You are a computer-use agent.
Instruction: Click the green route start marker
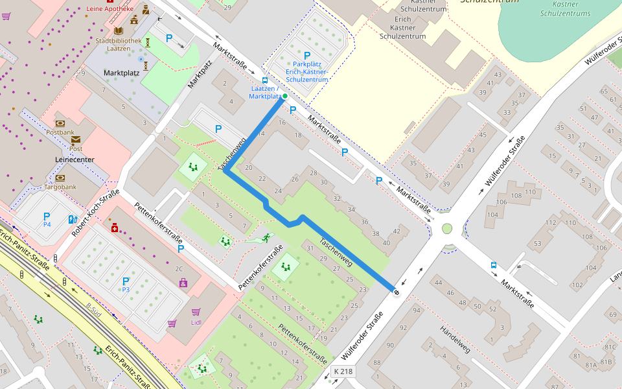coord(284,96)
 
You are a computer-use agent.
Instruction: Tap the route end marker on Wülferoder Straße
coord(396,292)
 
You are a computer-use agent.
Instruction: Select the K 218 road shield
coord(343,371)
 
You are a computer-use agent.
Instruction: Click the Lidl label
coord(196,322)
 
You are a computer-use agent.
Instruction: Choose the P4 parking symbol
coord(47,218)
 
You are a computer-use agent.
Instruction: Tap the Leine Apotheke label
coord(109,9)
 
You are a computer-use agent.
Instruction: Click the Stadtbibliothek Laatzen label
coord(118,44)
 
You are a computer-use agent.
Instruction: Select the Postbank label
coord(60,132)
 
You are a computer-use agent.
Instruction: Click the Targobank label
coord(60,187)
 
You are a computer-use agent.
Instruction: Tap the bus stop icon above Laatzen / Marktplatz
coord(264,80)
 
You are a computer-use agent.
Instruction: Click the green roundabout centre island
coord(446,228)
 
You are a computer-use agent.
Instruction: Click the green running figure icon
coord(266,239)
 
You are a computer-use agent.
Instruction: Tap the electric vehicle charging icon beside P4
coord(71,219)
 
